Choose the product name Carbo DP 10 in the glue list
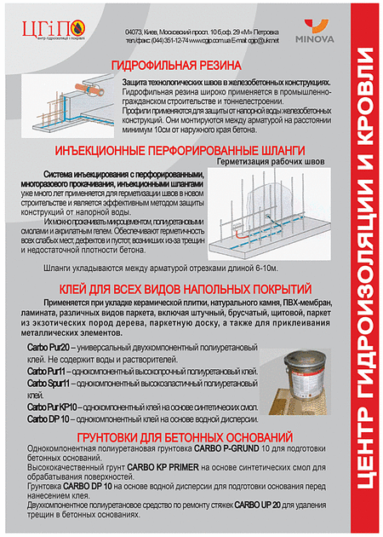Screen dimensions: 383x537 (x=48, y=419)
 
